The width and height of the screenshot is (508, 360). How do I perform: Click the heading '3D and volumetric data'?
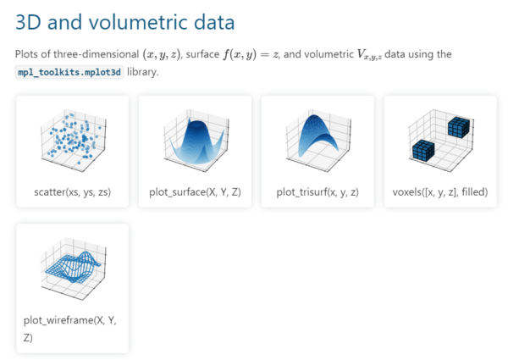point(125,22)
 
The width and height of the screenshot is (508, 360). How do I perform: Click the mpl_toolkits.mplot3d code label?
point(70,72)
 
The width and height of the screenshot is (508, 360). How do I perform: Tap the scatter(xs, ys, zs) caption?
point(72,192)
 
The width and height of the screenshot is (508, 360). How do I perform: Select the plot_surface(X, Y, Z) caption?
point(195,192)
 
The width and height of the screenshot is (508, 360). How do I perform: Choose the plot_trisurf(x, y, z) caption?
point(317,192)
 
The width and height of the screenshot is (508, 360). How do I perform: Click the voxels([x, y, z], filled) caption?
point(440,192)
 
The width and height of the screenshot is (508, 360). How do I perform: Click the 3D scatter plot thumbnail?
point(72,138)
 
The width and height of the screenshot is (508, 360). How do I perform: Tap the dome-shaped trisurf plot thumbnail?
point(317,138)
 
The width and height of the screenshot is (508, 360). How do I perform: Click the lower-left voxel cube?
point(423,152)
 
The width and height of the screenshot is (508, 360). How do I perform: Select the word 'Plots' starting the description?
point(28,54)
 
